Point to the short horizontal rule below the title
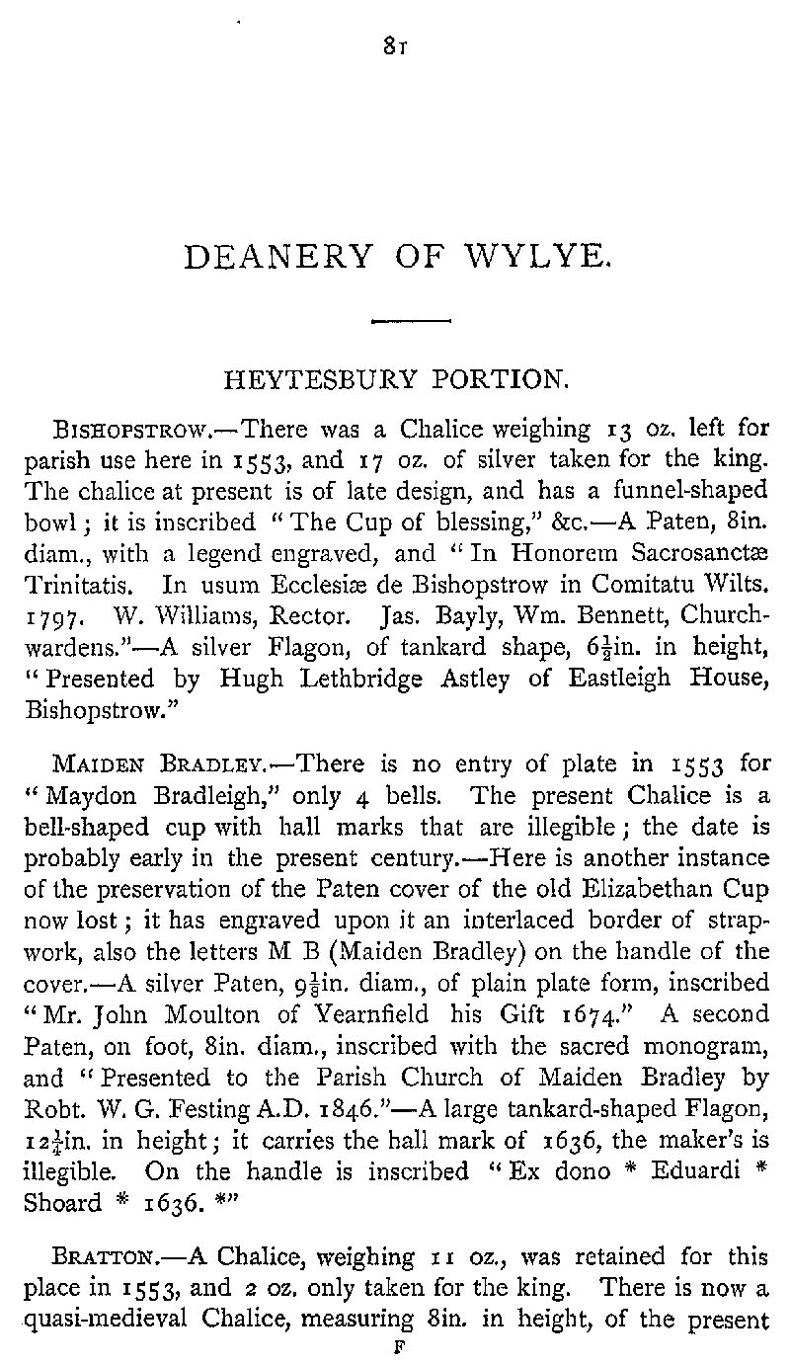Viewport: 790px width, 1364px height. tap(409, 320)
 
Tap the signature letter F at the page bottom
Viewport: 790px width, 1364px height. tap(395, 1344)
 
